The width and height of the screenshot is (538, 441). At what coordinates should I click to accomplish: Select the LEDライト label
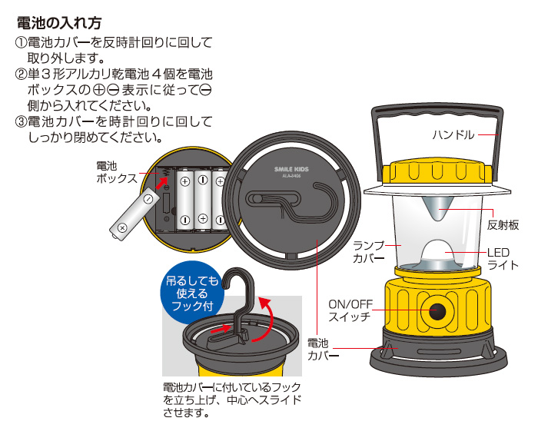[503, 259]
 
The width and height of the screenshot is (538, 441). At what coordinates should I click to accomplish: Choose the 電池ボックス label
[116, 172]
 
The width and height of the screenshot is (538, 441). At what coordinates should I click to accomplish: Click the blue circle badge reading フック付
[189, 293]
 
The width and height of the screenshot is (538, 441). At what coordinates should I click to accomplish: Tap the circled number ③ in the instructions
[20, 122]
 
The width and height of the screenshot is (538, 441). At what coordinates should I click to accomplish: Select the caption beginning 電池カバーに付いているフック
[231, 400]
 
